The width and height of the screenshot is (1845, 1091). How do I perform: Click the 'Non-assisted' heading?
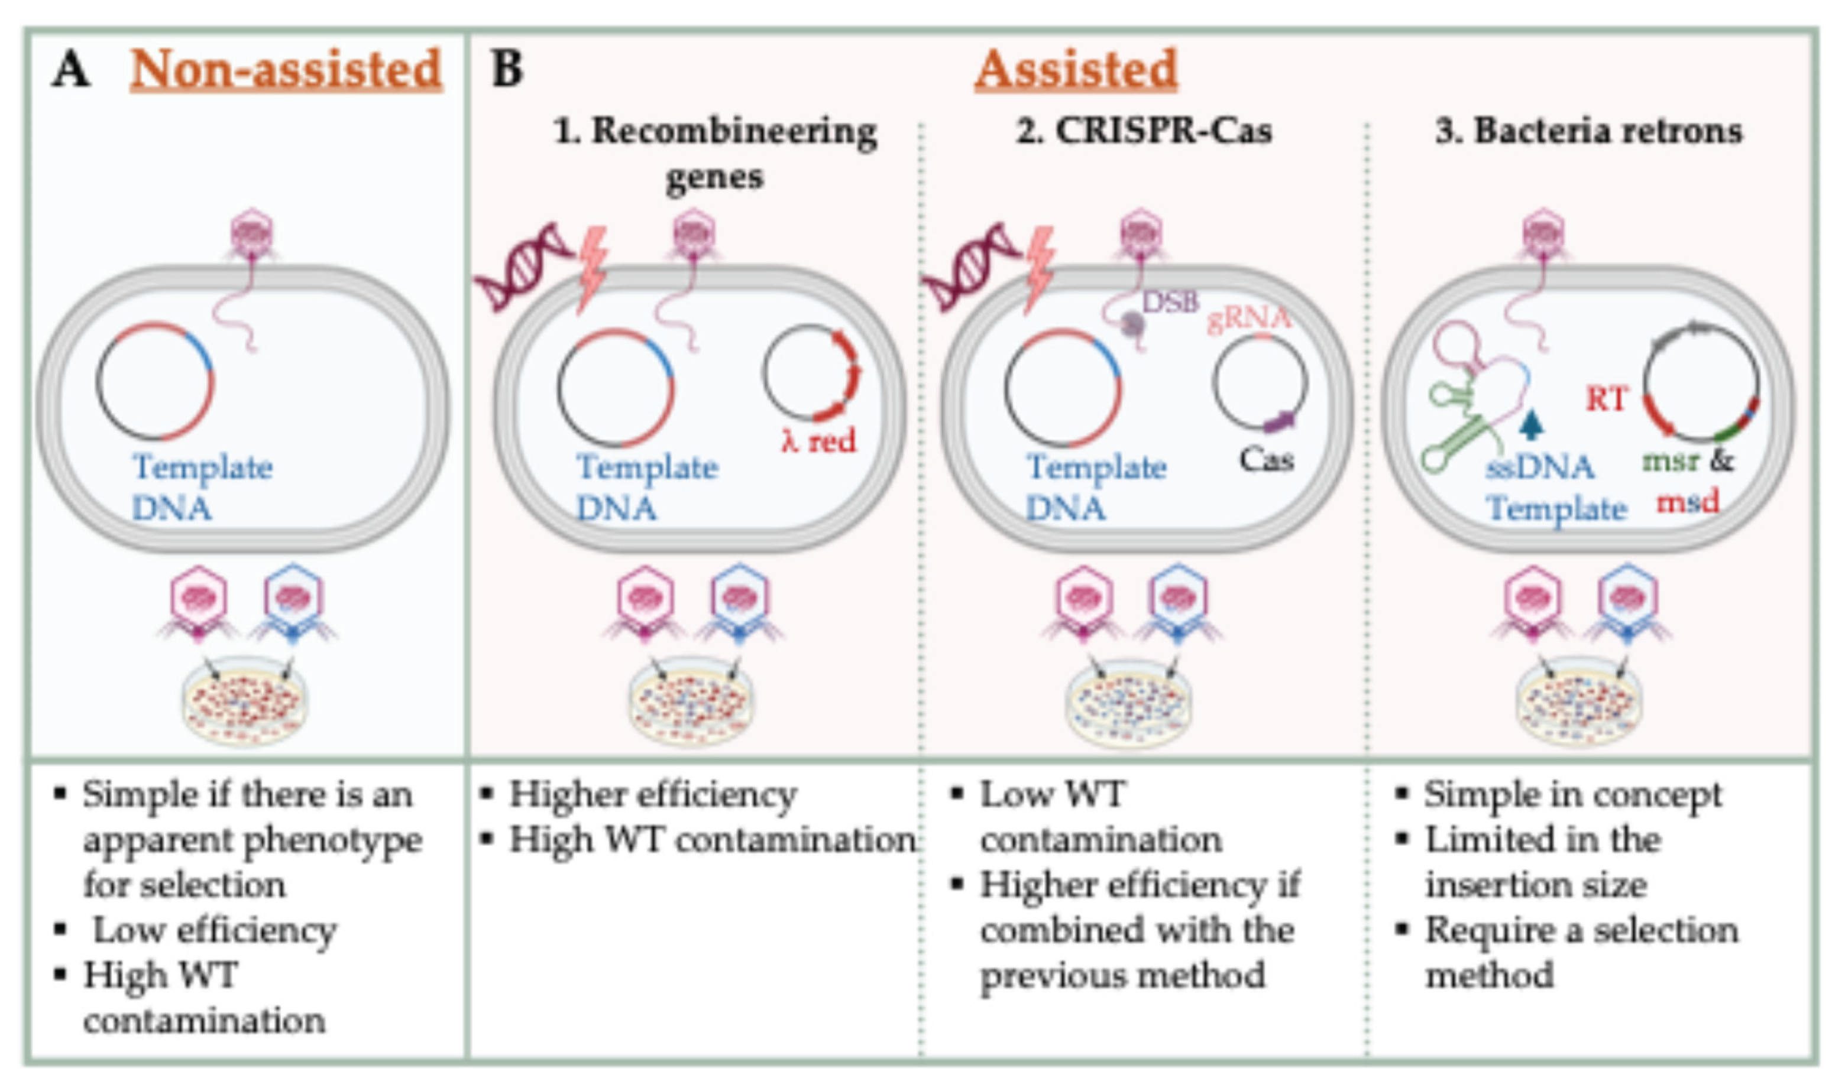tap(286, 69)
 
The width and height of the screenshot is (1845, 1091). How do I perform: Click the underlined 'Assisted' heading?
tap(1076, 69)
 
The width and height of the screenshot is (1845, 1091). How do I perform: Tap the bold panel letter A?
tap(70, 70)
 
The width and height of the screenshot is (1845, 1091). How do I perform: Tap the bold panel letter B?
tap(506, 69)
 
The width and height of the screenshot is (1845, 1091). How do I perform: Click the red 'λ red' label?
tap(818, 441)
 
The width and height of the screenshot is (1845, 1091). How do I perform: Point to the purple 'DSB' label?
tap(1170, 301)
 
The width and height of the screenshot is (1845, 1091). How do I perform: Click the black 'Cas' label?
tap(1266, 460)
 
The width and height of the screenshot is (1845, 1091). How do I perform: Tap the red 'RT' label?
tap(1606, 399)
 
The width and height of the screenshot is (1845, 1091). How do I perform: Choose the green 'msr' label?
tap(1670, 461)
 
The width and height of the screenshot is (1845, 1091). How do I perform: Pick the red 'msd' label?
tap(1688, 502)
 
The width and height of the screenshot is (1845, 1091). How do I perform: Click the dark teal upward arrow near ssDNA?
tap(1532, 425)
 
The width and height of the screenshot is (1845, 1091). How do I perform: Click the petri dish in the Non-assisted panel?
tap(245, 700)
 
